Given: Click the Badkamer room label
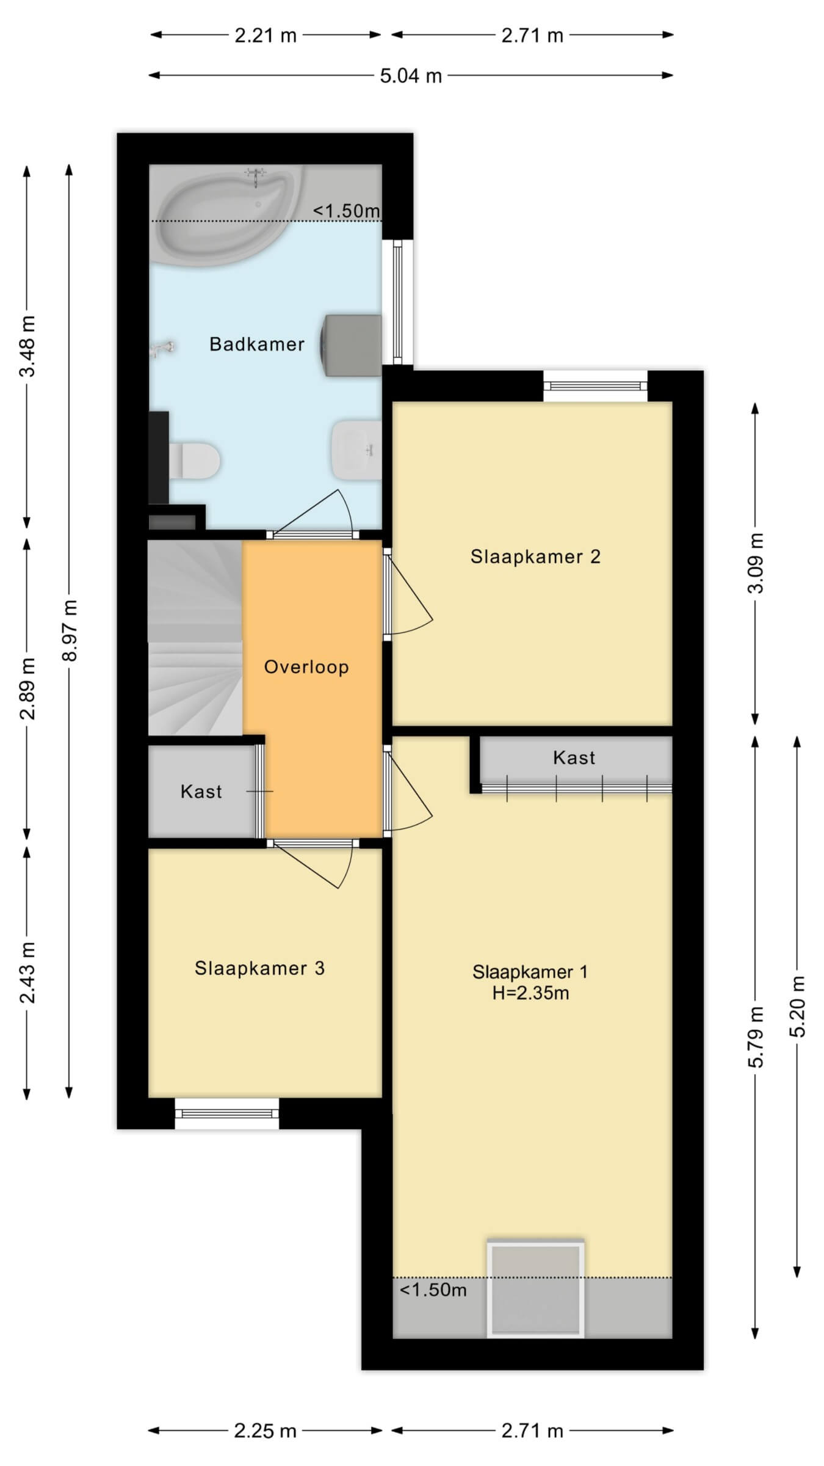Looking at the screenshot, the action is (257, 345).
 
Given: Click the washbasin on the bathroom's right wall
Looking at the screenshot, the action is (356, 450).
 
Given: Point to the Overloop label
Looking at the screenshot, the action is (306, 666).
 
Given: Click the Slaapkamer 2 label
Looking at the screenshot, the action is (535, 556).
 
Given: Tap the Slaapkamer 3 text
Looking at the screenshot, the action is (259, 968).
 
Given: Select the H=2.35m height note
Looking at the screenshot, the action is (530, 994).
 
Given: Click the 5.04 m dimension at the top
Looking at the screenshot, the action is (411, 76).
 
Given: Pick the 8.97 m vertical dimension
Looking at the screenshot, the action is (70, 630).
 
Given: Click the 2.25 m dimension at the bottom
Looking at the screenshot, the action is (266, 1431).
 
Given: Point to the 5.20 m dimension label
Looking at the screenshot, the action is (798, 1006).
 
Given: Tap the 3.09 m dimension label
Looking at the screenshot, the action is (756, 563).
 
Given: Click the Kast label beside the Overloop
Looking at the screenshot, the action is (201, 792).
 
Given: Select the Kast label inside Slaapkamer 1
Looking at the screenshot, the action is (574, 758).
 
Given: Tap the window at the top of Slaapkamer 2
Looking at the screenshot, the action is (595, 386).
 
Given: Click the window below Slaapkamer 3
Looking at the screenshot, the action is (227, 1113).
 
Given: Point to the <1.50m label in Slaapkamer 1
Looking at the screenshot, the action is (433, 1290).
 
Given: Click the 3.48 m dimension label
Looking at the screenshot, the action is (27, 346).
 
